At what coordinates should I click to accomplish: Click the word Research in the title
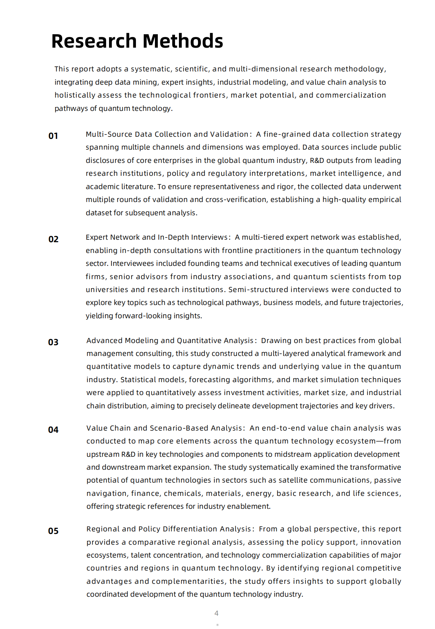pyautogui.click(x=94, y=41)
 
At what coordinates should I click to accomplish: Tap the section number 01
pyautogui.click(x=53, y=136)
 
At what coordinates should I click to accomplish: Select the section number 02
pyautogui.click(x=53, y=239)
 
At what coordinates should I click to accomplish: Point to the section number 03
pyautogui.click(x=53, y=342)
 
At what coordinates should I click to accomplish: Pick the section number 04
pyautogui.click(x=53, y=430)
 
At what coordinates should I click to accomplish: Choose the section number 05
pyautogui.click(x=53, y=531)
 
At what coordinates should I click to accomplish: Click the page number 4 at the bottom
pyautogui.click(x=216, y=613)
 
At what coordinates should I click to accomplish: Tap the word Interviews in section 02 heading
pyautogui.click(x=210, y=237)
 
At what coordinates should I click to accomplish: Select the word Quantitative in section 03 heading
pyautogui.click(x=199, y=341)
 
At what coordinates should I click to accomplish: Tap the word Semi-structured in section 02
pyautogui.click(x=258, y=290)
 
